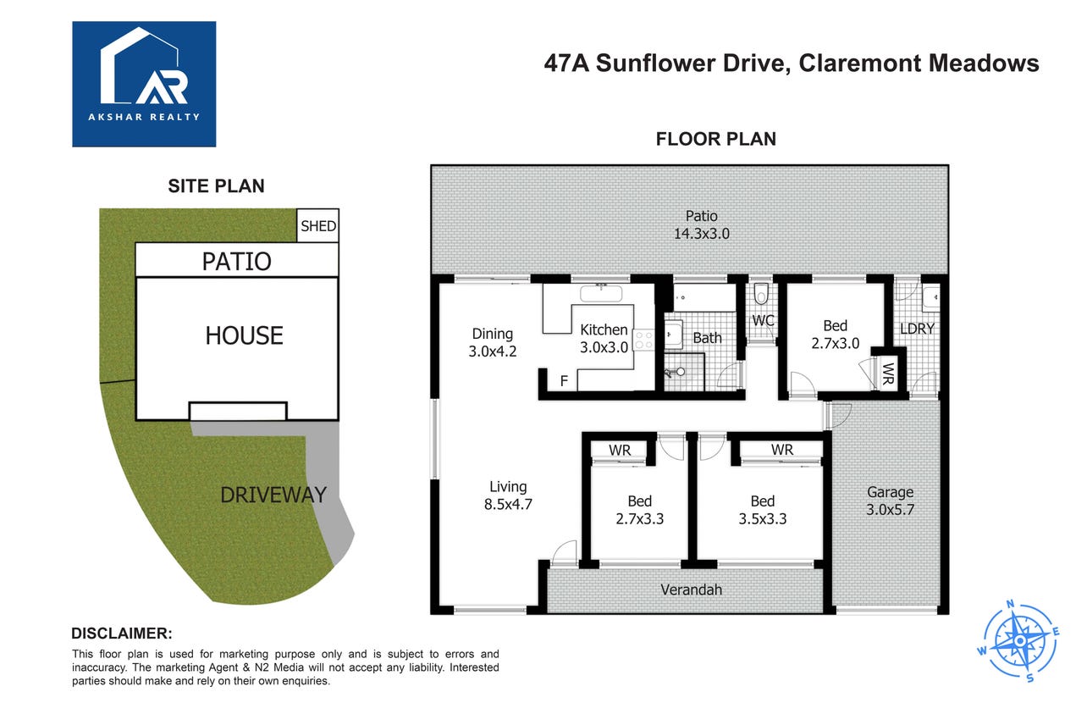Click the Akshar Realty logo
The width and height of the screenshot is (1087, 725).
(144, 84)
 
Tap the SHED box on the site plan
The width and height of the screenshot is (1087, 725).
(317, 225)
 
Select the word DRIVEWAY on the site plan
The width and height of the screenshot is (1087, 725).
(273, 495)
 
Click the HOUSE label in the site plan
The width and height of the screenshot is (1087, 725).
(244, 335)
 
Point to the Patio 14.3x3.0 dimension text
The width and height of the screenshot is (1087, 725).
(701, 224)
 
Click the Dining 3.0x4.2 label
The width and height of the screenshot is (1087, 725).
(493, 342)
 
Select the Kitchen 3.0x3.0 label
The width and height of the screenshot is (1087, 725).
(604, 339)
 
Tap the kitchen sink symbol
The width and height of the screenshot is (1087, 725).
(601, 293)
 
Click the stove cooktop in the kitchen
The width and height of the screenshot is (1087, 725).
(644, 340)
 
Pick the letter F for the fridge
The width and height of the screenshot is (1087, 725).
(564, 381)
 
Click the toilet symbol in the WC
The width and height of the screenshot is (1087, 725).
(761, 294)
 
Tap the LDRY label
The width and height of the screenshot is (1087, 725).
(917, 329)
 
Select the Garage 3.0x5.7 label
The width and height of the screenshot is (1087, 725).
(891, 501)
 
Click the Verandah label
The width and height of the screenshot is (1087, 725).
(691, 589)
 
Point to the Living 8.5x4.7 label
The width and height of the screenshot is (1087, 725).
(508, 495)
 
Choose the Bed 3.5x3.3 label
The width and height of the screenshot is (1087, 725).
(763, 510)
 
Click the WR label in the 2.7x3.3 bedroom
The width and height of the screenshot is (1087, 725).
(620, 450)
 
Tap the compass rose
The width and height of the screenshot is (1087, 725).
(1019, 641)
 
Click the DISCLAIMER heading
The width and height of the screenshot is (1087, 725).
(122, 634)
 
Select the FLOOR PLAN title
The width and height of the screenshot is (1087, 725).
(715, 139)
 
